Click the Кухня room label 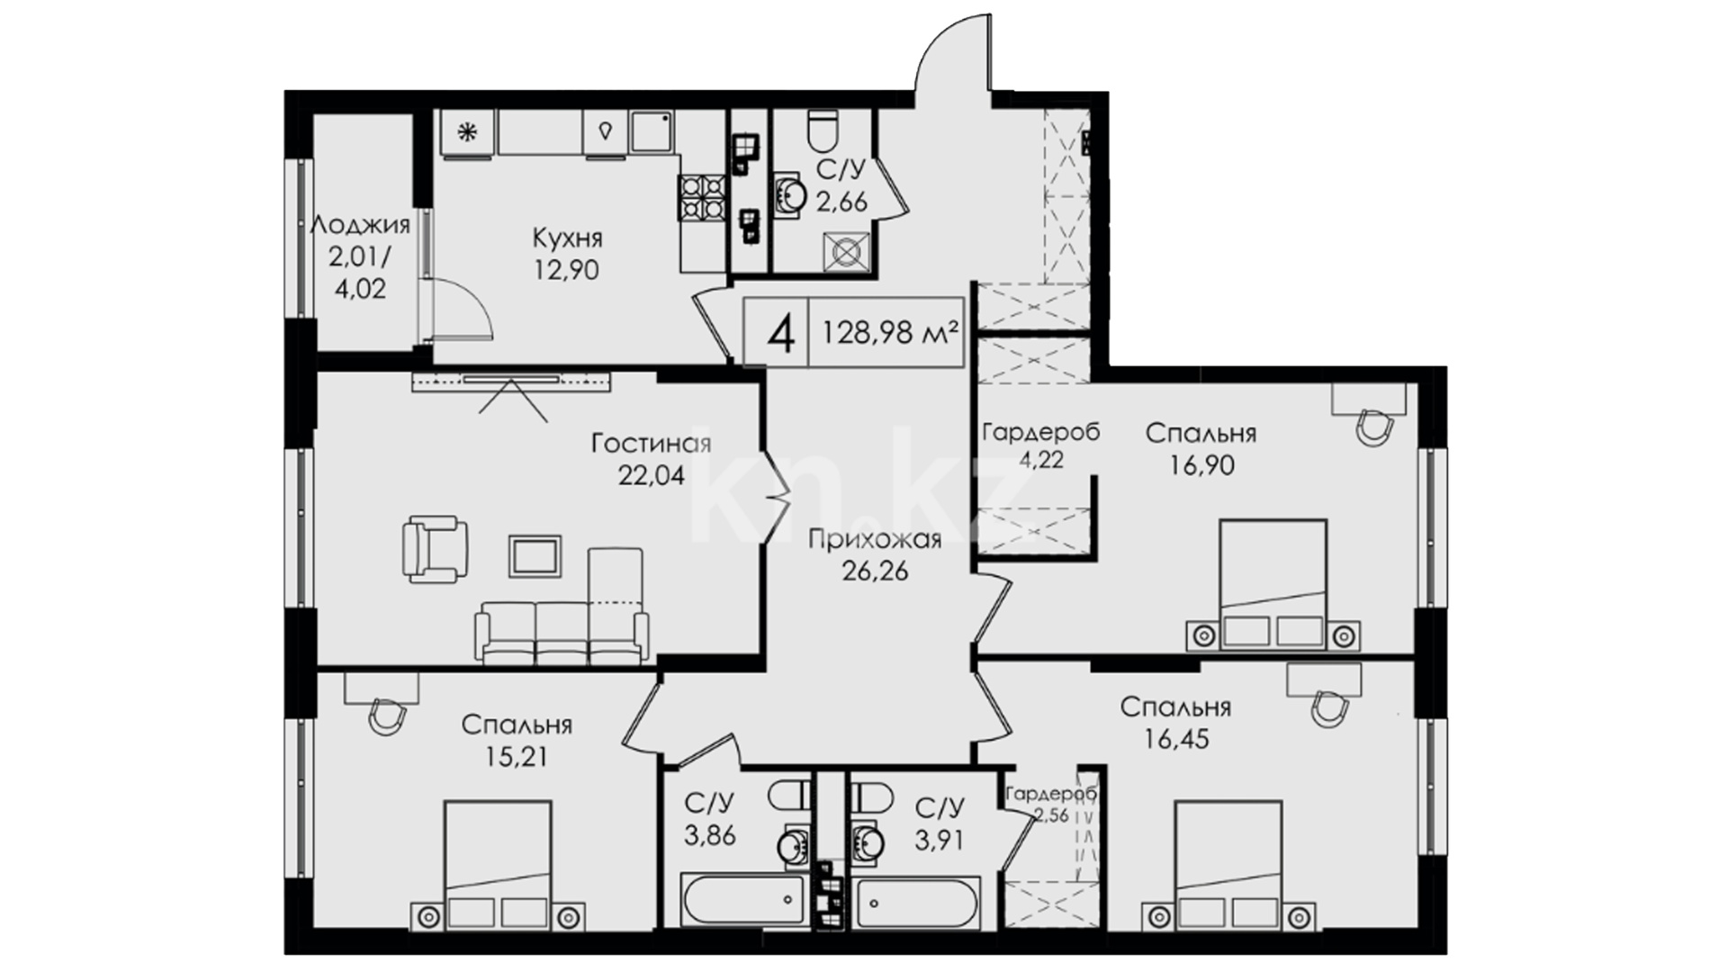point(567,238)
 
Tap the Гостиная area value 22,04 point(651,475)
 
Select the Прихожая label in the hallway point(875,539)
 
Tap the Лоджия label point(360,225)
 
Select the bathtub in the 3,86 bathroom point(742,897)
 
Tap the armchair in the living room point(435,548)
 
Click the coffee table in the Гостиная point(535,556)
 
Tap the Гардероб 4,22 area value point(1041,460)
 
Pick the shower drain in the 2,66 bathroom point(847,251)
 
